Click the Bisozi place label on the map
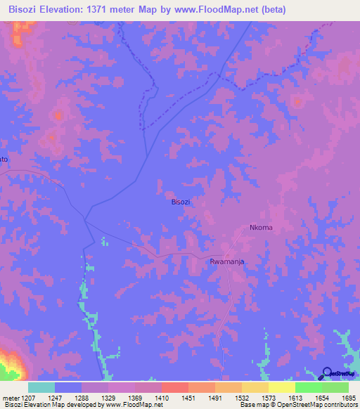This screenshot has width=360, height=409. coord(181,202)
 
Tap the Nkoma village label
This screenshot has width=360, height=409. coord(260,228)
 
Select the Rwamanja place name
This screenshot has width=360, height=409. coord(226,261)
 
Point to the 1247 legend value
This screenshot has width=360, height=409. coord(55,398)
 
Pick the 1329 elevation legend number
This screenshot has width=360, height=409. coord(110,398)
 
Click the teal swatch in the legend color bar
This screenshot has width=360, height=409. coord(41,387)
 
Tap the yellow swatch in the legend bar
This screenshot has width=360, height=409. coord(281,387)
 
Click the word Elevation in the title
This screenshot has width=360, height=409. coord(70,9)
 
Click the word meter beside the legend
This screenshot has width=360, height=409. coord(11,398)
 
